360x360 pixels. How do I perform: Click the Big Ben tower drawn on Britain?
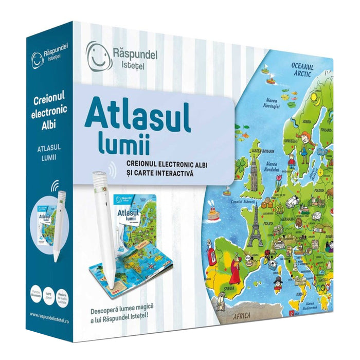[x=254, y=172]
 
